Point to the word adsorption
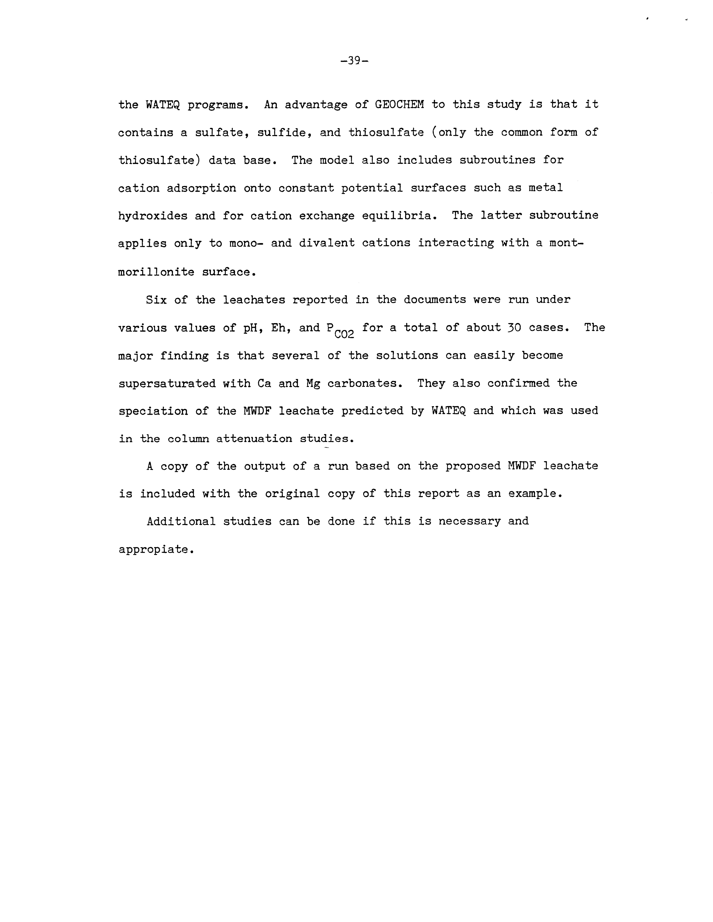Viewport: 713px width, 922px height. (201, 188)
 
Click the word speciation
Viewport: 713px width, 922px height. (153, 411)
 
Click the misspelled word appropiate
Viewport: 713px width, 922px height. (155, 549)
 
